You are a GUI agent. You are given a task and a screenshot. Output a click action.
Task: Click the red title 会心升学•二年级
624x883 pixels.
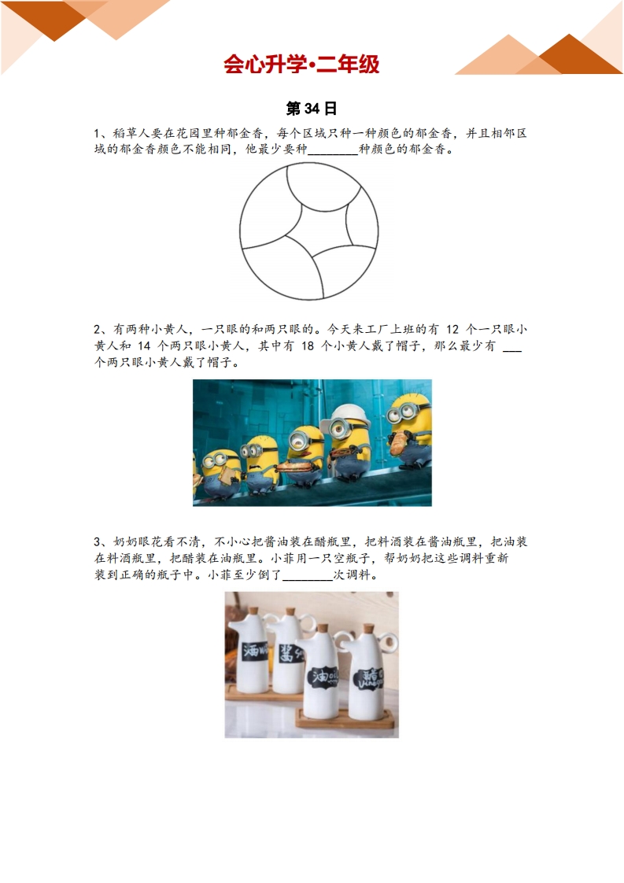[x=301, y=65]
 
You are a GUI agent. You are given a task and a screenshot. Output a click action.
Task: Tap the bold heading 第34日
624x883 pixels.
[x=312, y=108]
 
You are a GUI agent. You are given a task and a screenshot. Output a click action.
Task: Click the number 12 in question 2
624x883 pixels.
[x=452, y=330]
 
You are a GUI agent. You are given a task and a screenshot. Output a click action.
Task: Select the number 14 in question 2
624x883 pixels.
[x=144, y=345]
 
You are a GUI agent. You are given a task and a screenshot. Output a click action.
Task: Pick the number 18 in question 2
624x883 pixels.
[x=308, y=345]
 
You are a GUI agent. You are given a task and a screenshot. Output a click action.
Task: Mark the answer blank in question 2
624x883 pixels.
[x=512, y=349]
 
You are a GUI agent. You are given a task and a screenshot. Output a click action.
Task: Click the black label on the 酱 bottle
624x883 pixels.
[x=290, y=654]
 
